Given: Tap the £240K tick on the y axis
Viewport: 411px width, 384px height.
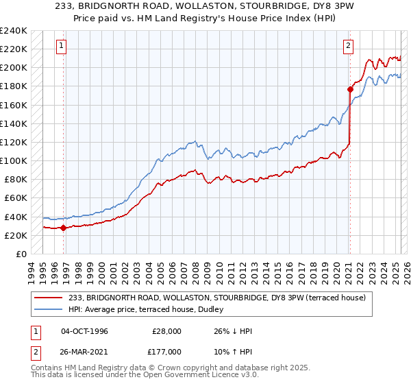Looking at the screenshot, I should pyautogui.click(x=14, y=31).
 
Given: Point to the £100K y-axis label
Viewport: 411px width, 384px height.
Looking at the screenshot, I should pyautogui.click(x=14, y=160).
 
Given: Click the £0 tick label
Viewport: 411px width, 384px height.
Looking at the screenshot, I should pyautogui.click(x=21, y=254).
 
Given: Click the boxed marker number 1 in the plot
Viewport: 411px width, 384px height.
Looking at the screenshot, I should pyautogui.click(x=62, y=46).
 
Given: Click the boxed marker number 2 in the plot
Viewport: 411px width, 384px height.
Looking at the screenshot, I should pyautogui.click(x=348, y=46).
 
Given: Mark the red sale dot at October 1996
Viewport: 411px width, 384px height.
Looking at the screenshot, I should pyautogui.click(x=63, y=228).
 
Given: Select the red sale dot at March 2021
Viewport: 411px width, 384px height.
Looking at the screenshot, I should pyautogui.click(x=350, y=88).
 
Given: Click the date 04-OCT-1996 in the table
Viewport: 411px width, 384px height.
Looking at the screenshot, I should pyautogui.click(x=84, y=331).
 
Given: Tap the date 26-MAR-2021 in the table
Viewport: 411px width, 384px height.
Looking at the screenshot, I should pyautogui.click(x=85, y=352).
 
